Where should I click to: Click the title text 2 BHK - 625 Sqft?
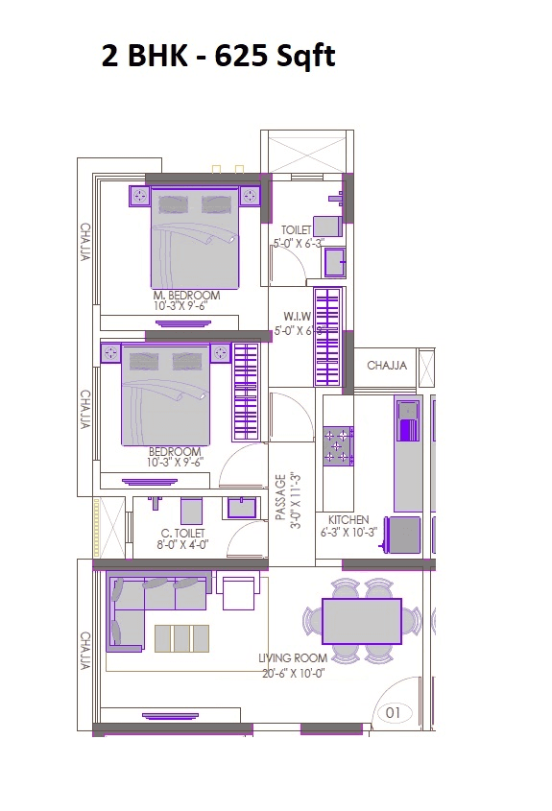coord(218,57)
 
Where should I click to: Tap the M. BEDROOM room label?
coord(186,296)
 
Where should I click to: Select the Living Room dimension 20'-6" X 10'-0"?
coord(293,672)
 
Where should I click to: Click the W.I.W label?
coord(296,316)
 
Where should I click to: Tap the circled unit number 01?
coord(392,713)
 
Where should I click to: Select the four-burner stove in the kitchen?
coord(338,445)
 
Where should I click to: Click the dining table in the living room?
coord(361,620)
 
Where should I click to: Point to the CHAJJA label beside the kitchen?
coord(387,366)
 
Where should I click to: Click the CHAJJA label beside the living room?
coord(85,652)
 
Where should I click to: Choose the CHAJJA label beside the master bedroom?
coord(85,245)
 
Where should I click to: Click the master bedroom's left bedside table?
coord(140,197)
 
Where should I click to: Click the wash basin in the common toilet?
coord(242,508)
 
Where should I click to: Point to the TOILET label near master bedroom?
coord(296,230)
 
